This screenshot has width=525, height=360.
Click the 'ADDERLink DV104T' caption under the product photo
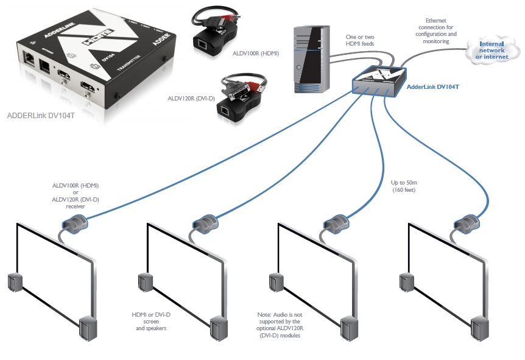(41, 115)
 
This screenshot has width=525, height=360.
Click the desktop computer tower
(311, 58)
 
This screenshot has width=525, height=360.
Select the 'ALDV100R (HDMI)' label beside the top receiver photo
(256, 53)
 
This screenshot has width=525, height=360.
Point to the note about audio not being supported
(280, 325)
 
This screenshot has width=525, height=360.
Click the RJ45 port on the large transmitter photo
(29, 57)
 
